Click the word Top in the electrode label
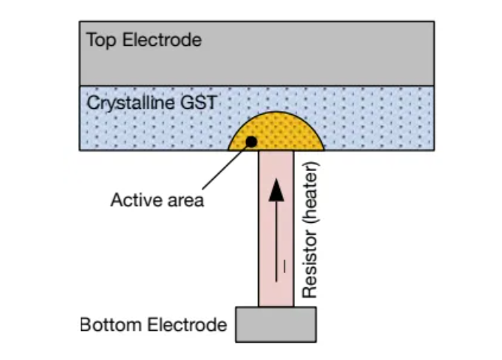point(99,40)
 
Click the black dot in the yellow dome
point(251,140)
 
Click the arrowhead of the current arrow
point(277,190)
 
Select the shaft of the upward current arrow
point(277,240)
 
